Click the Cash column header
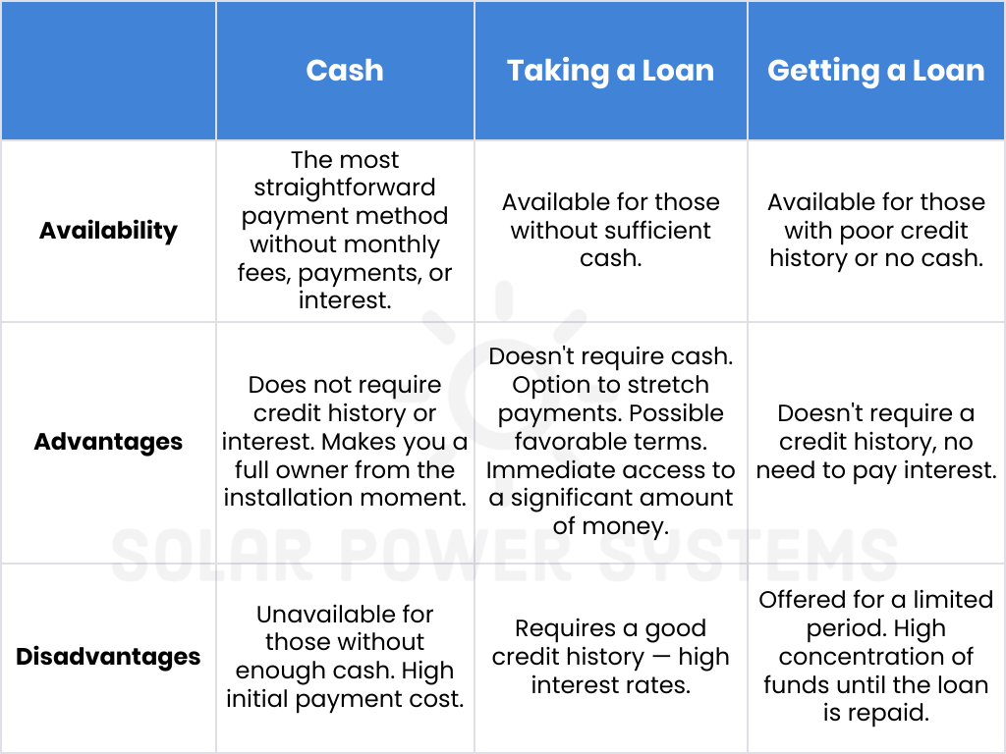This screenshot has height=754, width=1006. pos(345,71)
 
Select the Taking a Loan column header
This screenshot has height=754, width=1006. pos(610,71)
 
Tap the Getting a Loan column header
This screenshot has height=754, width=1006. pos(875,71)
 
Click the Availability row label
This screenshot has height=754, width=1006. pos(108,231)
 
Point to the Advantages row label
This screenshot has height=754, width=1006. pos(108,442)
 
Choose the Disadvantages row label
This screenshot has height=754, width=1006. pos(108,657)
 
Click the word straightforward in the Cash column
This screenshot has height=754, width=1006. pos(345,188)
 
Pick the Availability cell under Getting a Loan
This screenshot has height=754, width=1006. pos(875,230)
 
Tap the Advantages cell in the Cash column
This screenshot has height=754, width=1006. pos(345,442)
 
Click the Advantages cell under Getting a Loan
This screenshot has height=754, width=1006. pos(875,442)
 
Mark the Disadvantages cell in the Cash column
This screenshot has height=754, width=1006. pos(345,657)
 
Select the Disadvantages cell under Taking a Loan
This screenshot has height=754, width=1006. pos(610,657)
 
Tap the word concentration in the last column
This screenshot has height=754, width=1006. pos(875,657)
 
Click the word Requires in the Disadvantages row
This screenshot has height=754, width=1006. pos(559,628)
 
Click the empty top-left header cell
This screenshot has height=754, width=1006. pos(108,71)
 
